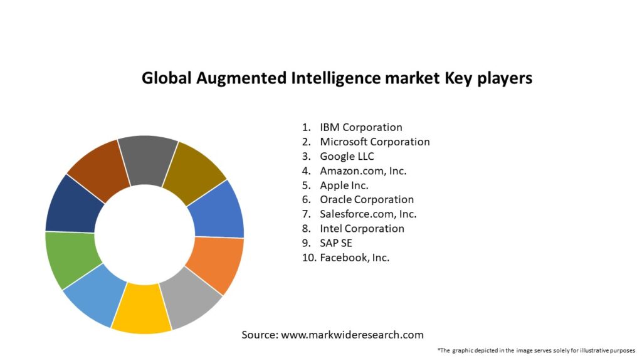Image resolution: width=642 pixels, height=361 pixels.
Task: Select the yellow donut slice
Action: click(x=142, y=308)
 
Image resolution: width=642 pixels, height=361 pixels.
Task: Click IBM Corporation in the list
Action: click(x=360, y=127)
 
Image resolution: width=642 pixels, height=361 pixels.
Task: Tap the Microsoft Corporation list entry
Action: click(x=374, y=142)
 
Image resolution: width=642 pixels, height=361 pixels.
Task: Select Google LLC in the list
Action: click(x=347, y=156)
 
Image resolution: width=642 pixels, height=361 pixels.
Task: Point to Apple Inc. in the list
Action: click(x=344, y=185)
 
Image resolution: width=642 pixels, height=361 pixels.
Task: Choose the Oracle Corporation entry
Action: click(x=367, y=199)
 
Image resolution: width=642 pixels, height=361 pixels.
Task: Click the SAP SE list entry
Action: click(x=335, y=243)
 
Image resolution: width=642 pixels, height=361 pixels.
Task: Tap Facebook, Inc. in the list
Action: click(x=354, y=258)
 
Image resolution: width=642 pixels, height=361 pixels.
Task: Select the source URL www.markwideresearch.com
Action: click(x=352, y=335)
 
